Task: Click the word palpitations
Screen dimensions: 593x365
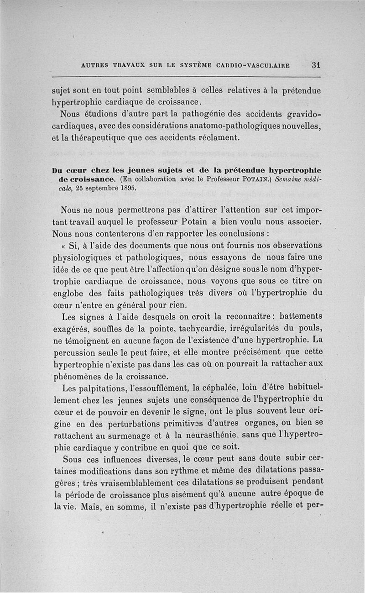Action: tap(104, 388)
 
